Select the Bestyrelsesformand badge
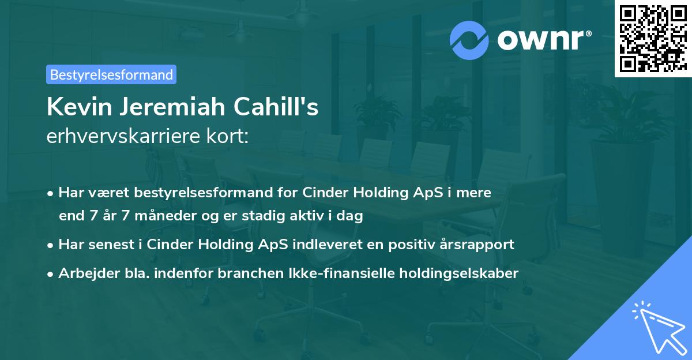click(111, 74)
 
